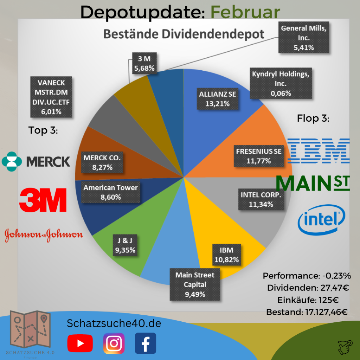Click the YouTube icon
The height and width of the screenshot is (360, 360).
pos(80,343)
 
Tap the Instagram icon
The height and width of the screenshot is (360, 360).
pos(114,343)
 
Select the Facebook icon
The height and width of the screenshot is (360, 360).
pos(145,343)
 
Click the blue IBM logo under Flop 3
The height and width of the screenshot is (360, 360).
pos(318,151)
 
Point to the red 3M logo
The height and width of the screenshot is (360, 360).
pos(43,200)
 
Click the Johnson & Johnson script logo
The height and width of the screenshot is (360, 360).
pos(44,234)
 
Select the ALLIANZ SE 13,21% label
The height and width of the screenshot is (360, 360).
pos(218,99)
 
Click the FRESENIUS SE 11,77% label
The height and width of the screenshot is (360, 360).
pos(259,156)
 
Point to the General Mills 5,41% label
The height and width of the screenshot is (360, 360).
pos(304,38)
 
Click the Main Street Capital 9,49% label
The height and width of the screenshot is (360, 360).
pos(195,284)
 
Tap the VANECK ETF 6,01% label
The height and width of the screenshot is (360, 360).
pos(51,97)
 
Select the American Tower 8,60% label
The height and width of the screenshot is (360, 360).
pos(110,192)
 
